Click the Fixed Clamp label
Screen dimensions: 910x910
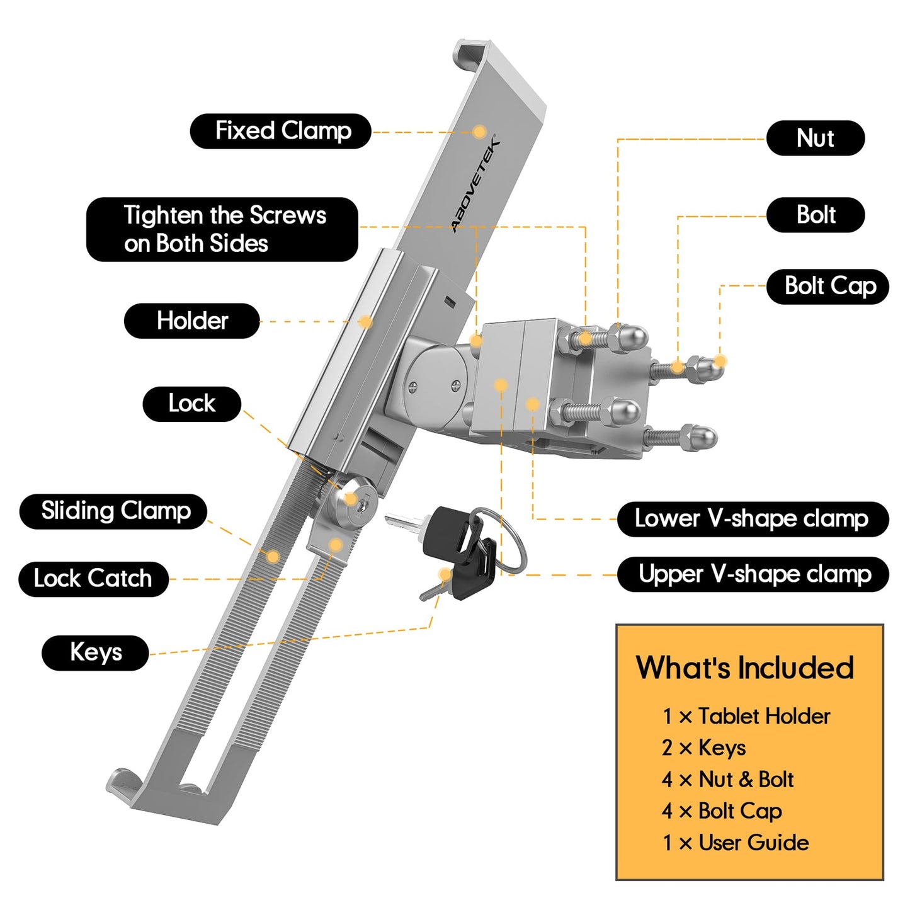280,131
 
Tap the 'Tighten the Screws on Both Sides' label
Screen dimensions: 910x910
222,229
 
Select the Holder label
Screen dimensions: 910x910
191,321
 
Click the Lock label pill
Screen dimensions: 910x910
191,404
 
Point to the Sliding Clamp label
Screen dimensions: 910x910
113,511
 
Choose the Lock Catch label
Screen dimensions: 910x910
93,579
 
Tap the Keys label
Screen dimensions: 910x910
95,652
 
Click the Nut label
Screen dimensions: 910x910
815,138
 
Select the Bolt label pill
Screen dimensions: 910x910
815,215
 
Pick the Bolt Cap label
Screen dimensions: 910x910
828,287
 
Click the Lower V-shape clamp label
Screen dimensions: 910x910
752,519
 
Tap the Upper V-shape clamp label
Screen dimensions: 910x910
753,574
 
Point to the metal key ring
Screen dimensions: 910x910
509,542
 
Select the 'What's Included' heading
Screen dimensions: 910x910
744,668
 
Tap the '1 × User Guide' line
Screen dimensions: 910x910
735,843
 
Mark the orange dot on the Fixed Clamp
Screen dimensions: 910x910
479,132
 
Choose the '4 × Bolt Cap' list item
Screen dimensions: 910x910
722,811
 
